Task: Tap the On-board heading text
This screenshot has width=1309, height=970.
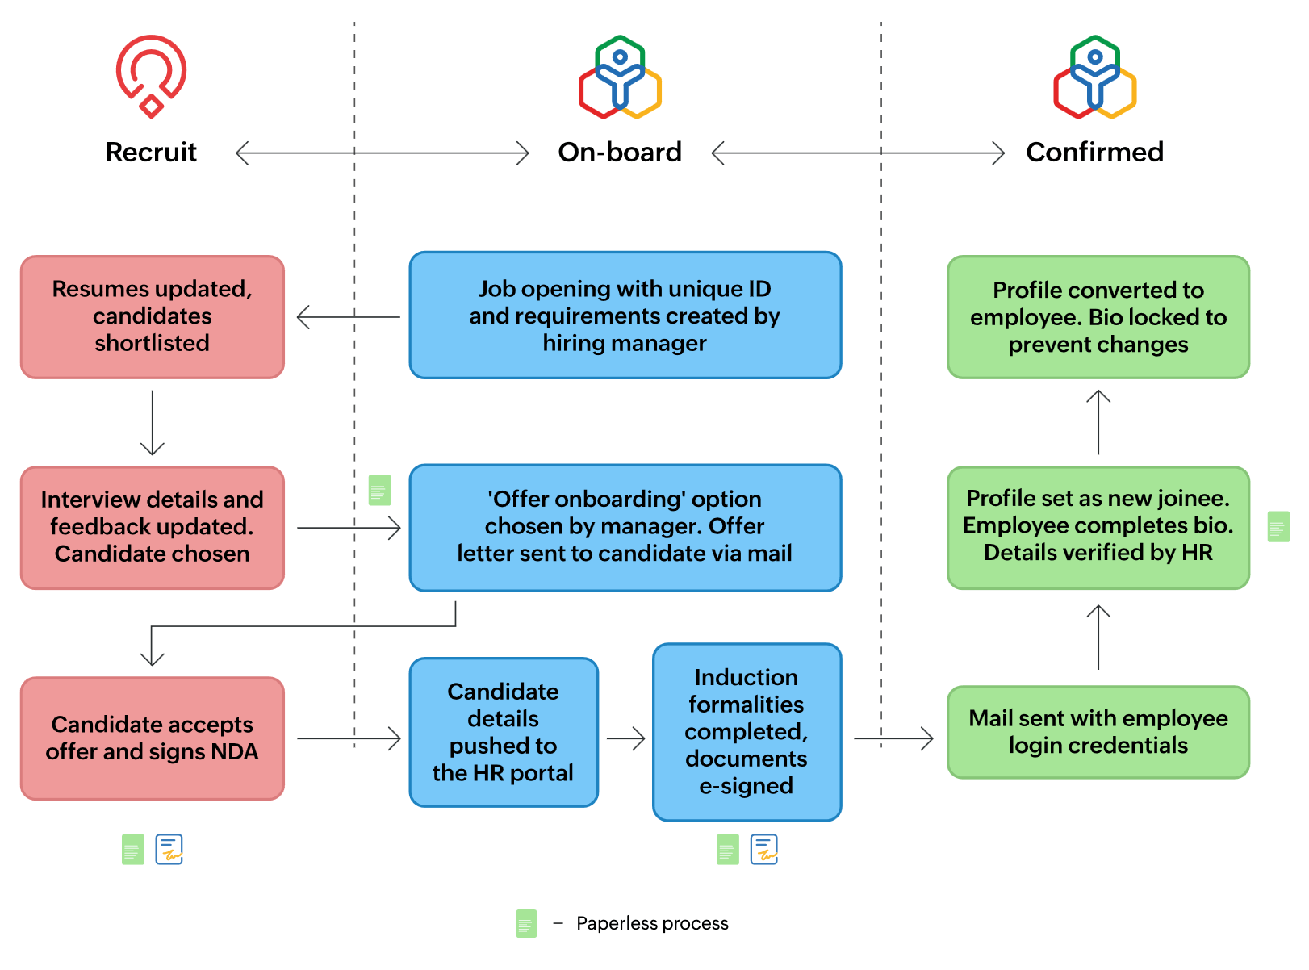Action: pyautogui.click(x=620, y=152)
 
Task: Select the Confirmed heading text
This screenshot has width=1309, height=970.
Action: pyautogui.click(x=1094, y=152)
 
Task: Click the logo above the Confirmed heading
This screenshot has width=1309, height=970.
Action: pyautogui.click(x=1094, y=77)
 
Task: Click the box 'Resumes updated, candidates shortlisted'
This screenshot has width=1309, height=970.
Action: pyautogui.click(x=153, y=316)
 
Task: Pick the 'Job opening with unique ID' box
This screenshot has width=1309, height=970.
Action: pyautogui.click(x=625, y=316)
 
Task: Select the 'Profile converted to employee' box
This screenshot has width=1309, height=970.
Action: pyautogui.click(x=1098, y=317)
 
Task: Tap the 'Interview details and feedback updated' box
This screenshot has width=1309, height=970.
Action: pyautogui.click(x=153, y=527)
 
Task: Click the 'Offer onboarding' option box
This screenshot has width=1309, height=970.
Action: pyautogui.click(x=625, y=527)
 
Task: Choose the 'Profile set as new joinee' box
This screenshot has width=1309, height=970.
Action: pyautogui.click(x=1098, y=527)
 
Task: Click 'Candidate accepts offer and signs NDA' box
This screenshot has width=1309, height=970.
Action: pyautogui.click(x=153, y=738)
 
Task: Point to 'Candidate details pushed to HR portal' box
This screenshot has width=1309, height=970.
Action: pyautogui.click(x=503, y=732)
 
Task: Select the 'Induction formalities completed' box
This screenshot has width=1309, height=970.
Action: pyautogui.click(x=747, y=732)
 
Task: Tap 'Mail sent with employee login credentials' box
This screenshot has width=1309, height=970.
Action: pyautogui.click(x=1098, y=732)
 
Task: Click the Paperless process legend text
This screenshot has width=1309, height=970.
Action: pyautogui.click(x=652, y=923)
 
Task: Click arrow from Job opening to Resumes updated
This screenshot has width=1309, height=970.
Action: pyautogui.click(x=348, y=317)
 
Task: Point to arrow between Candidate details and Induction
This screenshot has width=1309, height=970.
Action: pyautogui.click(x=625, y=738)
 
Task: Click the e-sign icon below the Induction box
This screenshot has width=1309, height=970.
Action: pyautogui.click(x=763, y=849)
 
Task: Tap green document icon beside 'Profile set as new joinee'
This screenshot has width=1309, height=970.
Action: pyautogui.click(x=1278, y=527)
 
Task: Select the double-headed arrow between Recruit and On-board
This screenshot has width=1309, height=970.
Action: pyautogui.click(x=382, y=153)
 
